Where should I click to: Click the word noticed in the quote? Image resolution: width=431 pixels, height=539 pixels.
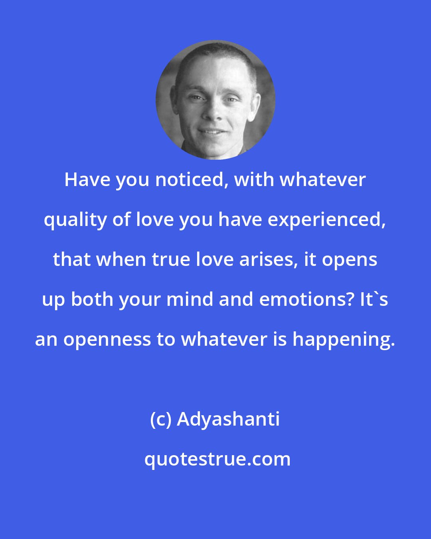(x=191, y=180)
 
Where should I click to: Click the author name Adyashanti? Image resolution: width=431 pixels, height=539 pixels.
(x=228, y=420)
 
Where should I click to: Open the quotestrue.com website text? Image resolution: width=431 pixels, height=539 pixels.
(x=217, y=460)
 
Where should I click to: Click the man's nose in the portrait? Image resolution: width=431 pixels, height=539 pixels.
(x=214, y=112)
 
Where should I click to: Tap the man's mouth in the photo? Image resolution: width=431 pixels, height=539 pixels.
(x=212, y=131)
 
